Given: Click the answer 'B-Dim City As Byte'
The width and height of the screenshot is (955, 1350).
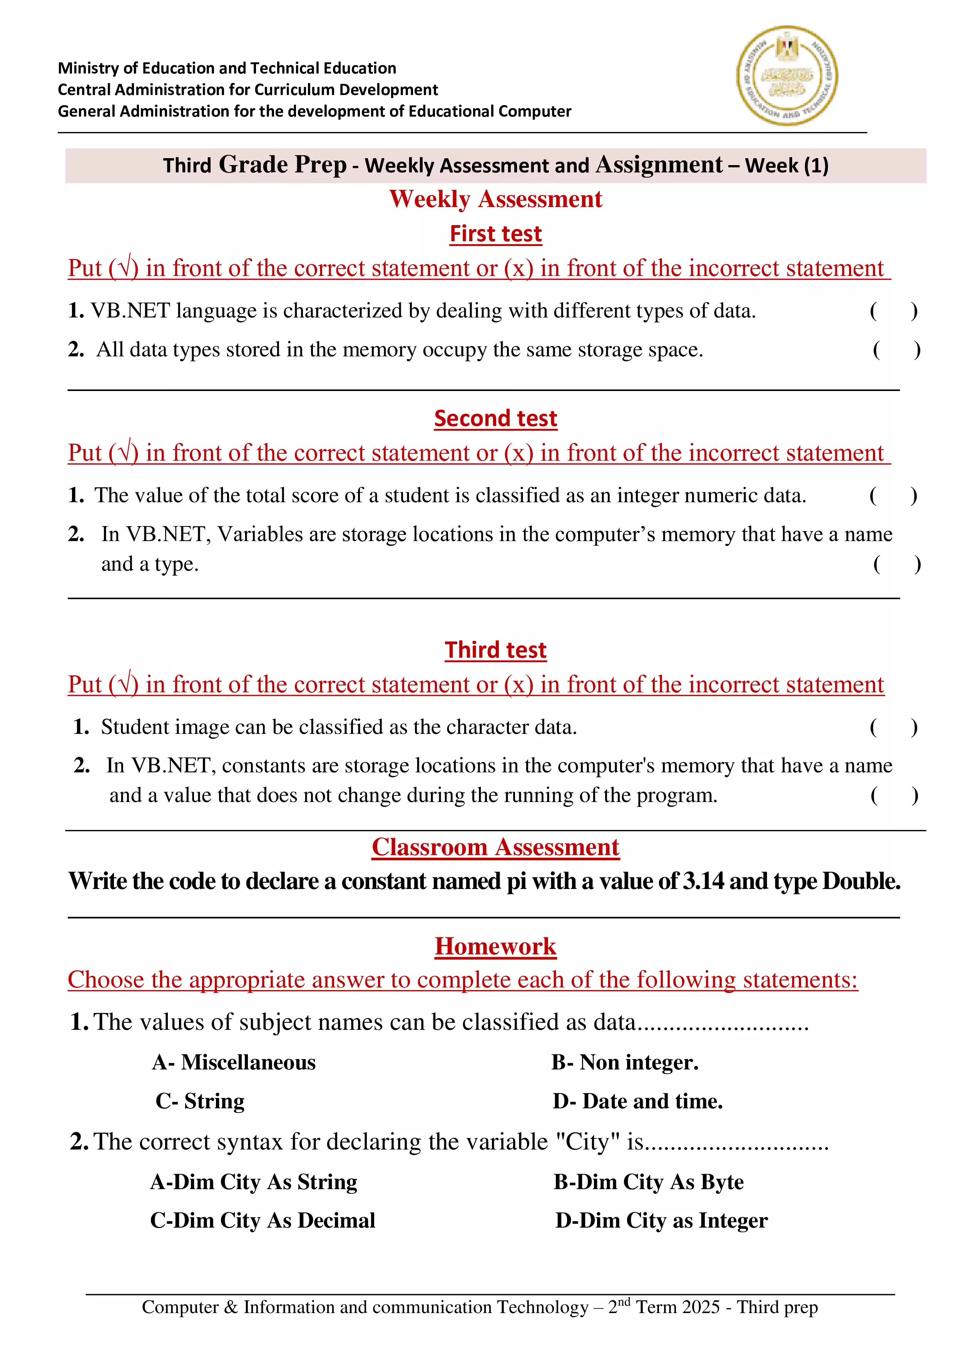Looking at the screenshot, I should [x=649, y=1181].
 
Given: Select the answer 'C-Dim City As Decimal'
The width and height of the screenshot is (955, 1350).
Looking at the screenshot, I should [x=262, y=1220].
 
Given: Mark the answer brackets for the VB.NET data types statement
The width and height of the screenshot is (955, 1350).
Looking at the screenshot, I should [x=893, y=311].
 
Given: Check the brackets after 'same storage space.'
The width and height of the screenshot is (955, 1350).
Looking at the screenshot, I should [x=896, y=350].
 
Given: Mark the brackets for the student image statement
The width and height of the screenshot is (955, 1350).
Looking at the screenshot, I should [x=893, y=727].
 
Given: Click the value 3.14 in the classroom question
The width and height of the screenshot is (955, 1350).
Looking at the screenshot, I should [x=703, y=881].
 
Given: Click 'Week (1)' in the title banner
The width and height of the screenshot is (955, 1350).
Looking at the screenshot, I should [x=786, y=165].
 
